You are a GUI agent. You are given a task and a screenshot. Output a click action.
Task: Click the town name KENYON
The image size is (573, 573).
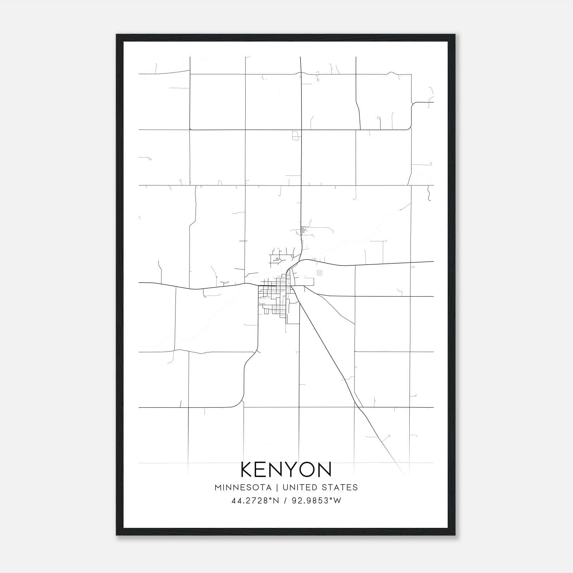click(x=286, y=470)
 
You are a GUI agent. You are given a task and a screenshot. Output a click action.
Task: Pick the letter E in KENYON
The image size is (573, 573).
click(x=262, y=470)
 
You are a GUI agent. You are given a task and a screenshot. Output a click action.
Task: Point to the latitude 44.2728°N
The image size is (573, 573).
click(x=255, y=501)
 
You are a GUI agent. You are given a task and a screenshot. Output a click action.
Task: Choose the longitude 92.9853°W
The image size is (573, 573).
click(x=315, y=501)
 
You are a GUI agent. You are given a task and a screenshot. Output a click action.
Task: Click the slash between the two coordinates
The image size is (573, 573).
click(x=285, y=501)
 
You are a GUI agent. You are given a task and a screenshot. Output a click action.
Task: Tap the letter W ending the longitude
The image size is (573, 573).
click(x=338, y=501)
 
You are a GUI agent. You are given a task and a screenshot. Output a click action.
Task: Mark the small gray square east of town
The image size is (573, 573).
click(x=319, y=273)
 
